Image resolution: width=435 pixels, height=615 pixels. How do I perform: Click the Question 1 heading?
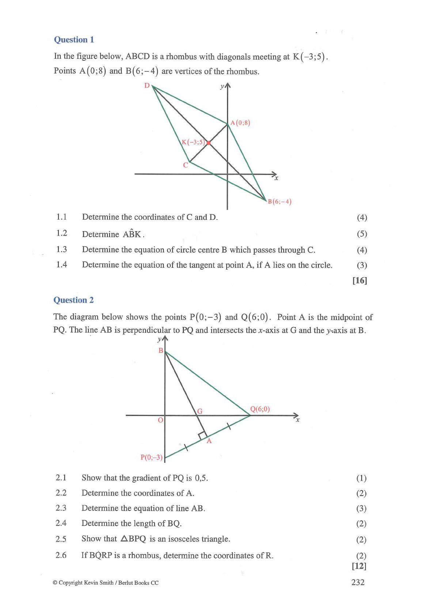pyautogui.click(x=74, y=39)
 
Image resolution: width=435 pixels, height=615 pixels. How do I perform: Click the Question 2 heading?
pyautogui.click(x=73, y=300)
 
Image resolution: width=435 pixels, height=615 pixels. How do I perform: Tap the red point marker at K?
pyautogui.click(x=208, y=143)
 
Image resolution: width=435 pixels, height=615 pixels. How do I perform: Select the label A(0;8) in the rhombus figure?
pyautogui.click(x=241, y=123)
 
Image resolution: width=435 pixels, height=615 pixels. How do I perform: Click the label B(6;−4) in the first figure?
pyautogui.click(x=280, y=202)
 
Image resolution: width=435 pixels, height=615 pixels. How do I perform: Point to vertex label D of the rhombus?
pyautogui.click(x=147, y=85)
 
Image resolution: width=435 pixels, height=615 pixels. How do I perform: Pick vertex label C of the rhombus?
pyautogui.click(x=186, y=165)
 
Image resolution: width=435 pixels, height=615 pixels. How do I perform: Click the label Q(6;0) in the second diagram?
pyautogui.click(x=260, y=409)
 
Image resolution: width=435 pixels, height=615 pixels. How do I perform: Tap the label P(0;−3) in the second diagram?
pyautogui.click(x=151, y=457)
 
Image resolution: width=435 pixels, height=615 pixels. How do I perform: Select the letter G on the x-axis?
pyautogui.click(x=200, y=411)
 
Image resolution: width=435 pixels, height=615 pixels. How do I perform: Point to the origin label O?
pyautogui.click(x=160, y=420)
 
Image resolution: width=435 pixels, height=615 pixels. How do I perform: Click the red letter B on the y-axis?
pyautogui.click(x=160, y=351)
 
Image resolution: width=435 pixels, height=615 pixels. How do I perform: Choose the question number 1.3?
pyautogui.click(x=61, y=249)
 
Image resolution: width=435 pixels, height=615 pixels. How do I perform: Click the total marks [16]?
pyautogui.click(x=360, y=280)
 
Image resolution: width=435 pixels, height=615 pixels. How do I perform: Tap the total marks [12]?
pyautogui.click(x=359, y=566)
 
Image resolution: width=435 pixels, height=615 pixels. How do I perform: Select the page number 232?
pyautogui.click(x=358, y=582)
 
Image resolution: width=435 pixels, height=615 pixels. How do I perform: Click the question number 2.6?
pyautogui.click(x=61, y=555)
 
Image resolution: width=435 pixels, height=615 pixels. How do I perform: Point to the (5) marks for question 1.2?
pyautogui.click(x=362, y=234)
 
